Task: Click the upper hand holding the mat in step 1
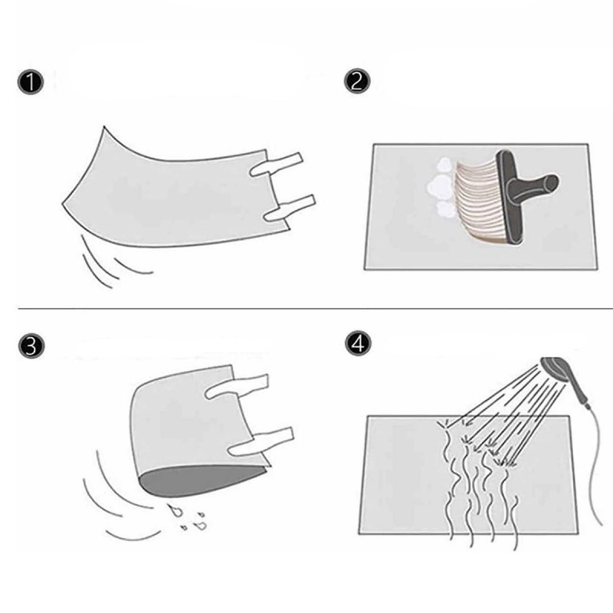tap(278, 162)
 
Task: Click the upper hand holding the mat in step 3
tap(238, 386)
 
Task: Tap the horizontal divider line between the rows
tap(306, 309)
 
